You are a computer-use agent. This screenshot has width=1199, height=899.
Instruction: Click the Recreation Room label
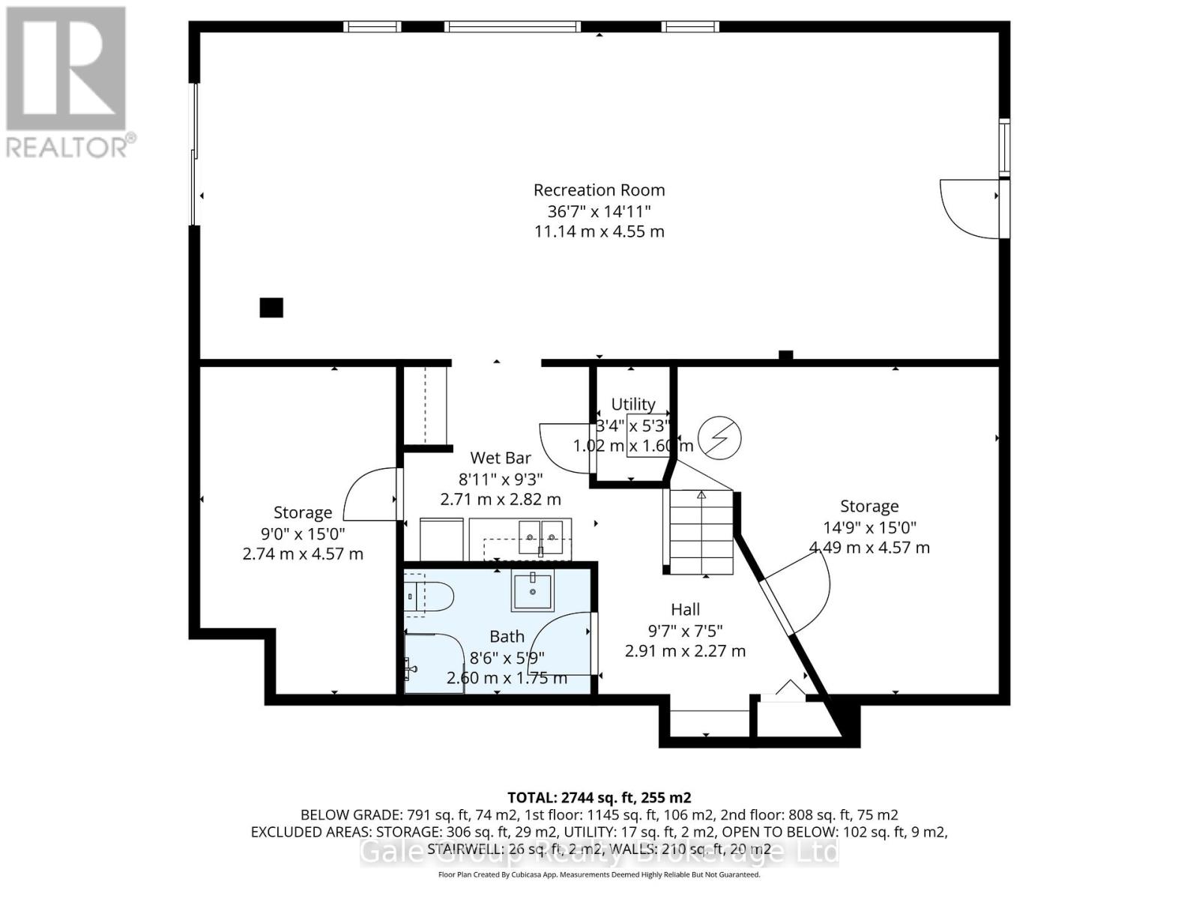(599, 190)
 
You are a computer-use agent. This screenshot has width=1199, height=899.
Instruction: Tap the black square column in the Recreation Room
(271, 308)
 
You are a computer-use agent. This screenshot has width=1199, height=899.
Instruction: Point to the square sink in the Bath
(532, 590)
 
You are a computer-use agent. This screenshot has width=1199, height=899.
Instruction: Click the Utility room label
(633, 405)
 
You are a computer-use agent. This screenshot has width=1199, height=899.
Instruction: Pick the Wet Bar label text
(501, 458)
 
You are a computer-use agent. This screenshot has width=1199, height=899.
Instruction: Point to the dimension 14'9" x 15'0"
(869, 527)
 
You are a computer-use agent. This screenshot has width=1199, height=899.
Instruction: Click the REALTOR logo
(67, 82)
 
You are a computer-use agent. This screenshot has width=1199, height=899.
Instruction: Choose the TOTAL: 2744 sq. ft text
(599, 797)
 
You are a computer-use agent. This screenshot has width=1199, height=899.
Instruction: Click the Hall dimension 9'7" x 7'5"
(685, 631)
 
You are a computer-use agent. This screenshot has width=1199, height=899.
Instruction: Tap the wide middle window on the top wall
(512, 27)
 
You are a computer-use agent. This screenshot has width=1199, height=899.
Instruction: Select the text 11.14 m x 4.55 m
(599, 231)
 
